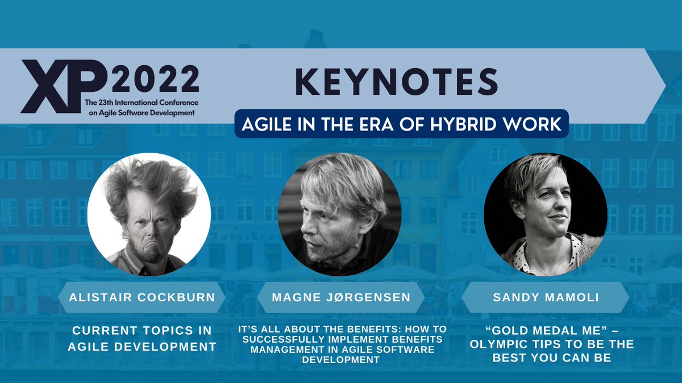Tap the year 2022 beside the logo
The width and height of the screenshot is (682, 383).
coord(155,79)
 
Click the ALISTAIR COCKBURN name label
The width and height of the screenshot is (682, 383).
coord(142,297)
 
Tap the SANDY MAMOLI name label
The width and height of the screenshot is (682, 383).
coord(545,297)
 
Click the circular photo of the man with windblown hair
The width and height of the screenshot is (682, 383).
coord(149,214)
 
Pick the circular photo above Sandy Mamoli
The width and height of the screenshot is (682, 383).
coord(545,214)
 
